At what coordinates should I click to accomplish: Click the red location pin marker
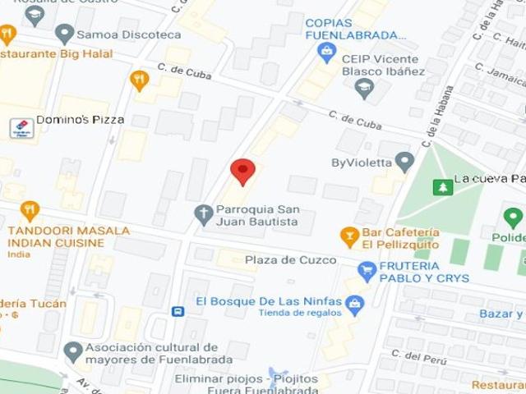(x=242, y=171)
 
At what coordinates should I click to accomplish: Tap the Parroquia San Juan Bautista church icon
(x=203, y=214)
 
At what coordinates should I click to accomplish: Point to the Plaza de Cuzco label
(x=290, y=260)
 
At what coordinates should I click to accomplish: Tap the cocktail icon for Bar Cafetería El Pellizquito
(x=349, y=237)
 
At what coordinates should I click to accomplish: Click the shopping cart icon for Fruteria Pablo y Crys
(x=367, y=270)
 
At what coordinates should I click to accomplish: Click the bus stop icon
(x=178, y=311)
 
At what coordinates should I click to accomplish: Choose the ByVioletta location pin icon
(x=404, y=162)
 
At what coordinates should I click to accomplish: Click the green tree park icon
(x=443, y=187)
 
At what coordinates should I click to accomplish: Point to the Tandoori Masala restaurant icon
(x=30, y=211)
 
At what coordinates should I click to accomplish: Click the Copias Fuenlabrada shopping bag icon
(x=327, y=53)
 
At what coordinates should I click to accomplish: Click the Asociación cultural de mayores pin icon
(x=73, y=352)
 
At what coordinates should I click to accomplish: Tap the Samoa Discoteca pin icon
(x=64, y=34)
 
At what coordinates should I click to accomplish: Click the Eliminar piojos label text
(x=217, y=378)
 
